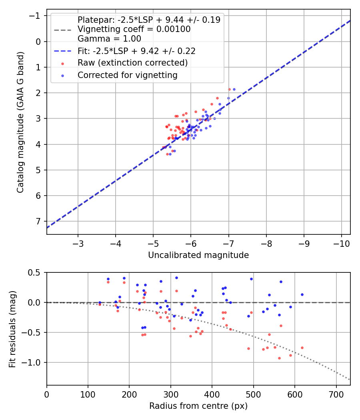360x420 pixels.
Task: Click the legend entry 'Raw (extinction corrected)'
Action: coord(132,63)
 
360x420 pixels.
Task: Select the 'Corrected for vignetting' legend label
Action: coord(127,75)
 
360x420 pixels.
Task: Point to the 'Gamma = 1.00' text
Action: coord(109,39)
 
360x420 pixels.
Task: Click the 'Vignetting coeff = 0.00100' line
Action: coord(134,29)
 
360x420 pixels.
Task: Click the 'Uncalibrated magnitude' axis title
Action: coord(198,255)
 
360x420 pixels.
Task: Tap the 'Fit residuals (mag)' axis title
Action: coord(12,329)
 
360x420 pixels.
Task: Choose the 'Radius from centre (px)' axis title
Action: coord(198,406)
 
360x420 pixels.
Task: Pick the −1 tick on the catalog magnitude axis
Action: coord(36,16)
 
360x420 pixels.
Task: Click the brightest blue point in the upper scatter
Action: coord(234,89)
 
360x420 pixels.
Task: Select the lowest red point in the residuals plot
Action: coord(279,358)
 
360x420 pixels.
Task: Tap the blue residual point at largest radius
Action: coord(302,294)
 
